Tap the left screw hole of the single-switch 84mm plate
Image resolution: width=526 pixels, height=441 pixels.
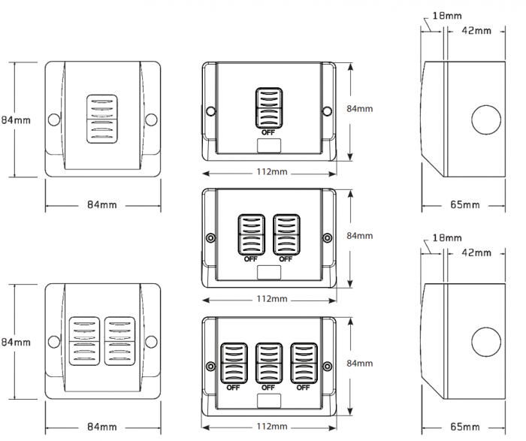point(54,119)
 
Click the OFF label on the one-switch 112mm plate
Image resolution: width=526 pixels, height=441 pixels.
point(268,131)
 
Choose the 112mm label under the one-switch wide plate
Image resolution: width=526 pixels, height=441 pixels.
point(271,172)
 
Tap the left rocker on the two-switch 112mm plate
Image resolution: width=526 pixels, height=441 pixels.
point(251,235)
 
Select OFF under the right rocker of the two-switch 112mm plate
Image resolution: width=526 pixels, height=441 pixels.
point(286,258)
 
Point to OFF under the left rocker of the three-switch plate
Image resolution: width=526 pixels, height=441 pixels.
point(233,388)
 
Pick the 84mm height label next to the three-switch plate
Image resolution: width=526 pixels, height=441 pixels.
point(359,363)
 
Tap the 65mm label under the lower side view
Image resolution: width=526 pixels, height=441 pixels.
point(465,426)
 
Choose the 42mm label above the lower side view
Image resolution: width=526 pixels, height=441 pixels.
point(476,253)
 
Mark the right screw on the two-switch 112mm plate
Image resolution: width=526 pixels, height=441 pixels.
point(326,238)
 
